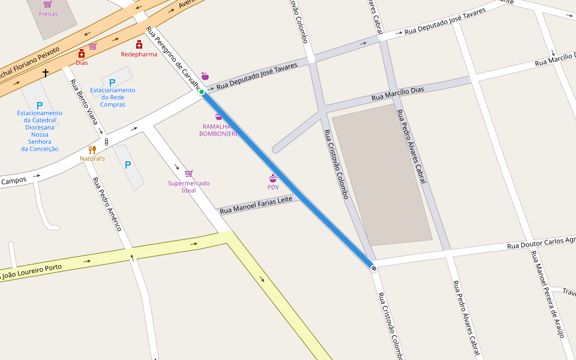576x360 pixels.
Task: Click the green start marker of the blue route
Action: point(202,92)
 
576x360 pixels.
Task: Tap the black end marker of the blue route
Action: point(374,268)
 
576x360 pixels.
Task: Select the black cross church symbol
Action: point(46,73)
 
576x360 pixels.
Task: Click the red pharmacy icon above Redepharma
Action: point(139,44)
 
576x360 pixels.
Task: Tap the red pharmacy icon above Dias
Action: point(82,53)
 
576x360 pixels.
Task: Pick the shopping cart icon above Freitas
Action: point(48,4)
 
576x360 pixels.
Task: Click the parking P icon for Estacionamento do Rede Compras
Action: point(112,82)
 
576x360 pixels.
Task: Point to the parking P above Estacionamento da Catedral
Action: point(40,105)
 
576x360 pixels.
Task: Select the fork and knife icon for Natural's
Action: point(92,149)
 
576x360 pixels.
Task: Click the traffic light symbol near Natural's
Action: point(107,142)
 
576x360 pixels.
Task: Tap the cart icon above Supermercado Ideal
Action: point(189,174)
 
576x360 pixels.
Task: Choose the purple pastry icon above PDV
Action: point(273,178)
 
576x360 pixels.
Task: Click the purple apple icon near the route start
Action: point(205,76)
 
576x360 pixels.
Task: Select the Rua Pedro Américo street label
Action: point(107,204)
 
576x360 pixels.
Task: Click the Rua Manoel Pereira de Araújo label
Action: point(548,294)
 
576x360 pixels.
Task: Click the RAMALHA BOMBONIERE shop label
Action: point(219,130)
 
